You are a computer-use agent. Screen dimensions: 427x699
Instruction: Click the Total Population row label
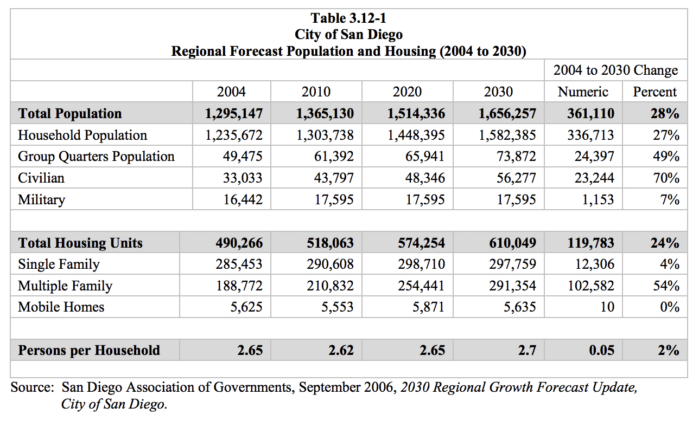point(70,114)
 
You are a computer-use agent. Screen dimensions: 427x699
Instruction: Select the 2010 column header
point(316,92)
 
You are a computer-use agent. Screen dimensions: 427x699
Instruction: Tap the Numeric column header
point(583,92)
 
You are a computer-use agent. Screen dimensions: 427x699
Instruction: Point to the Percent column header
point(655,92)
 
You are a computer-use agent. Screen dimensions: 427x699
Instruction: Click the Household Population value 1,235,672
point(234,135)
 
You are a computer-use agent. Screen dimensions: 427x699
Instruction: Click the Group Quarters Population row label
point(96,157)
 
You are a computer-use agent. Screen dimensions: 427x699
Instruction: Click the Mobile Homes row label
point(61,307)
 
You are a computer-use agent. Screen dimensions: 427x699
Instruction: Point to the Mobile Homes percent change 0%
point(669,307)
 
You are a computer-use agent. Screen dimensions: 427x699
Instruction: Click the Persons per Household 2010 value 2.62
point(341,351)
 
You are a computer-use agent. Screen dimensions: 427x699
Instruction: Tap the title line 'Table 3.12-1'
point(348,18)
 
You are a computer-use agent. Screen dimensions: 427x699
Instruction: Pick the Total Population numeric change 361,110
point(590,114)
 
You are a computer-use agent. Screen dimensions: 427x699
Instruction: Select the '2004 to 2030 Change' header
point(615,70)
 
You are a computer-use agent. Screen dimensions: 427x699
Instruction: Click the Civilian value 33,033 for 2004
point(243,178)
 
